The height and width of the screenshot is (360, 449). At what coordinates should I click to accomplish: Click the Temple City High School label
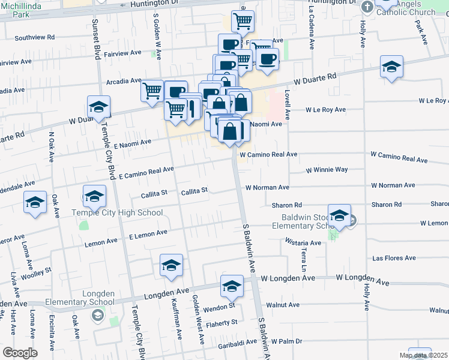(117, 212)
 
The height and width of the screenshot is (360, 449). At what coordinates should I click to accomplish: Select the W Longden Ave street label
(364, 278)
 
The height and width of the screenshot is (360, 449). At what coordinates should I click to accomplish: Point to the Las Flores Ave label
(394, 258)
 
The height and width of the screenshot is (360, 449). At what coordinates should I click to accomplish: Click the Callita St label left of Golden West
(154, 193)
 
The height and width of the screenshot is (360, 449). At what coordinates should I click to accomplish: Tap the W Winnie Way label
(327, 170)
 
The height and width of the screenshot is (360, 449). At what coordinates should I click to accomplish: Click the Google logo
(20, 353)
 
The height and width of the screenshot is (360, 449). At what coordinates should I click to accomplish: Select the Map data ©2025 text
(424, 355)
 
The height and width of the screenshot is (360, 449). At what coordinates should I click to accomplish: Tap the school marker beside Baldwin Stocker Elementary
(340, 217)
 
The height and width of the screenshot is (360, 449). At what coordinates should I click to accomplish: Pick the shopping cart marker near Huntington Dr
(243, 22)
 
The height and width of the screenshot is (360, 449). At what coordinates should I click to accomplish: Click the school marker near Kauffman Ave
(171, 266)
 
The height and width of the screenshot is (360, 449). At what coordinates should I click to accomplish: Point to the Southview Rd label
(34, 37)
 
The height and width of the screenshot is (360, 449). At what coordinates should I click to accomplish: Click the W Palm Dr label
(286, 341)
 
